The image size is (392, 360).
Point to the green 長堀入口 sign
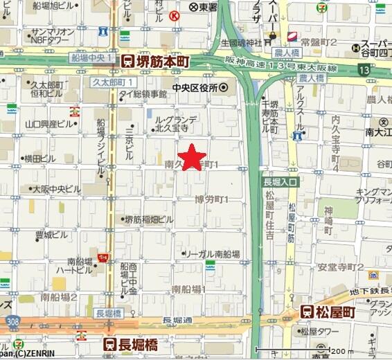[x=280, y=182]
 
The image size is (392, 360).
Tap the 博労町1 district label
[x=212, y=199]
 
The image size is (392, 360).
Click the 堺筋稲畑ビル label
[x=148, y=219]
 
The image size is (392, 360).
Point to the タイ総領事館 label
[x=142, y=94]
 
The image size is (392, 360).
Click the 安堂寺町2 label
[x=340, y=267]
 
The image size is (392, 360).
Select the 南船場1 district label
[x=189, y=289]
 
